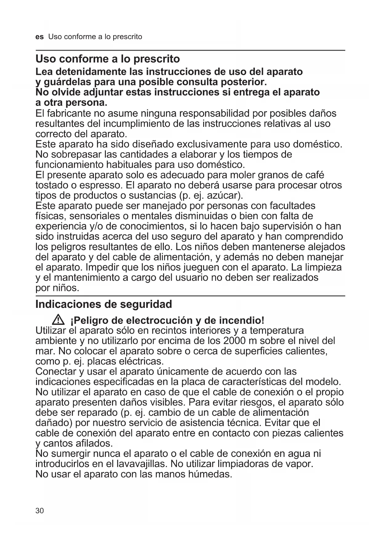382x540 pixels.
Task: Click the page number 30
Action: click(40, 511)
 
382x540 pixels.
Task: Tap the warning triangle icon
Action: click(58, 320)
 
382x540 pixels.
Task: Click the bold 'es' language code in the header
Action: click(39, 37)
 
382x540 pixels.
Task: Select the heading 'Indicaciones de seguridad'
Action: click(104, 304)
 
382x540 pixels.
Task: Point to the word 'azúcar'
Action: click(226, 195)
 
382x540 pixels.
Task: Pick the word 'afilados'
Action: click(94, 443)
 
